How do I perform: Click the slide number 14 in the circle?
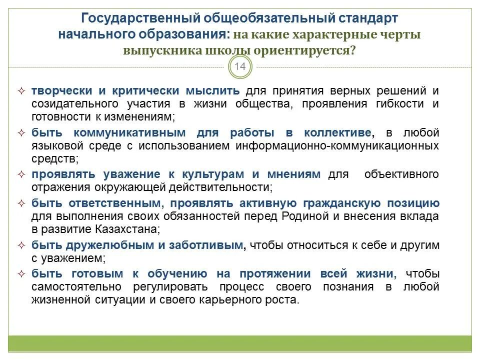[240, 67]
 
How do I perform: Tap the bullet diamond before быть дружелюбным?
[21, 245]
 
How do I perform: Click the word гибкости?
[402, 103]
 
